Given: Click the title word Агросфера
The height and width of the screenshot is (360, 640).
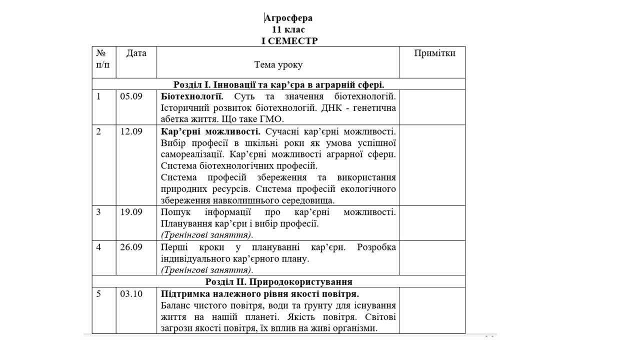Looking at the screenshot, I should [x=288, y=18].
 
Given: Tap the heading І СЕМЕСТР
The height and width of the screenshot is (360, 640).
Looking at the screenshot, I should [x=289, y=41].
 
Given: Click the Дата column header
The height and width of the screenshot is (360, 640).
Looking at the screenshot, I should [x=136, y=53].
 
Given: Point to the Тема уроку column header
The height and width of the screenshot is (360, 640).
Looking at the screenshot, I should [x=278, y=65].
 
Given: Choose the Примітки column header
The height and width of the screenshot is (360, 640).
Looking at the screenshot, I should [x=434, y=53].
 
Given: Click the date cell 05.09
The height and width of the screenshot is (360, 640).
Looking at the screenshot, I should [x=131, y=96].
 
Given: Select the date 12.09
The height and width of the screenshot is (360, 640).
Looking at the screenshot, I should [x=131, y=131].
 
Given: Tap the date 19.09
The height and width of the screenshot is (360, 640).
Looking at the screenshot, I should [x=131, y=212].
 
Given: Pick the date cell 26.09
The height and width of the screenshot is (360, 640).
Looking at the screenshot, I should [x=131, y=247].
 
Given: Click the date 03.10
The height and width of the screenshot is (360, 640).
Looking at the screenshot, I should [x=131, y=294].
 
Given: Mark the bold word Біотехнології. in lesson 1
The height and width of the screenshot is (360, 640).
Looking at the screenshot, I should [x=192, y=96].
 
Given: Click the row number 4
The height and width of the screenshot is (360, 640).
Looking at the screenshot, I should [x=98, y=247].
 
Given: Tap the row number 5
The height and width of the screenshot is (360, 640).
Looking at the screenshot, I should [x=98, y=294].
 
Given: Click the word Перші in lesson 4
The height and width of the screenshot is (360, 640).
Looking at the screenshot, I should [x=172, y=247].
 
